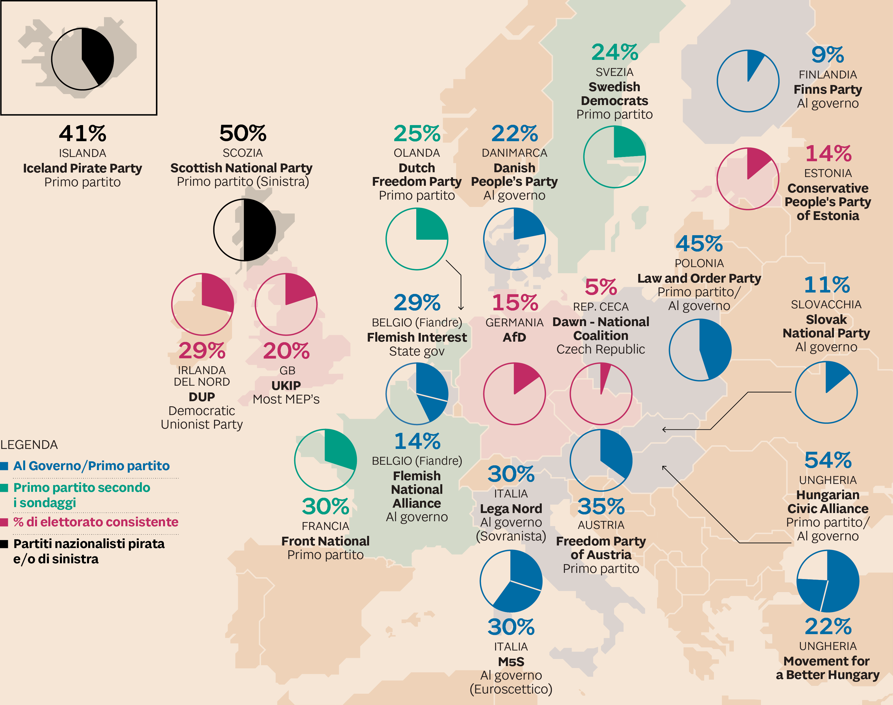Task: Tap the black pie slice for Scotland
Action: [259, 230]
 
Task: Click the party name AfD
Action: [514, 337]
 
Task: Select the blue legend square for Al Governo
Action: [5, 466]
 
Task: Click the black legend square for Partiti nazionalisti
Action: [5, 544]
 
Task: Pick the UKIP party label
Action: [286, 385]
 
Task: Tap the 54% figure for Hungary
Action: [827, 460]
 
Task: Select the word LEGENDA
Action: [29, 445]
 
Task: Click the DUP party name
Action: [201, 397]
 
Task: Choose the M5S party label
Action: [511, 662]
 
